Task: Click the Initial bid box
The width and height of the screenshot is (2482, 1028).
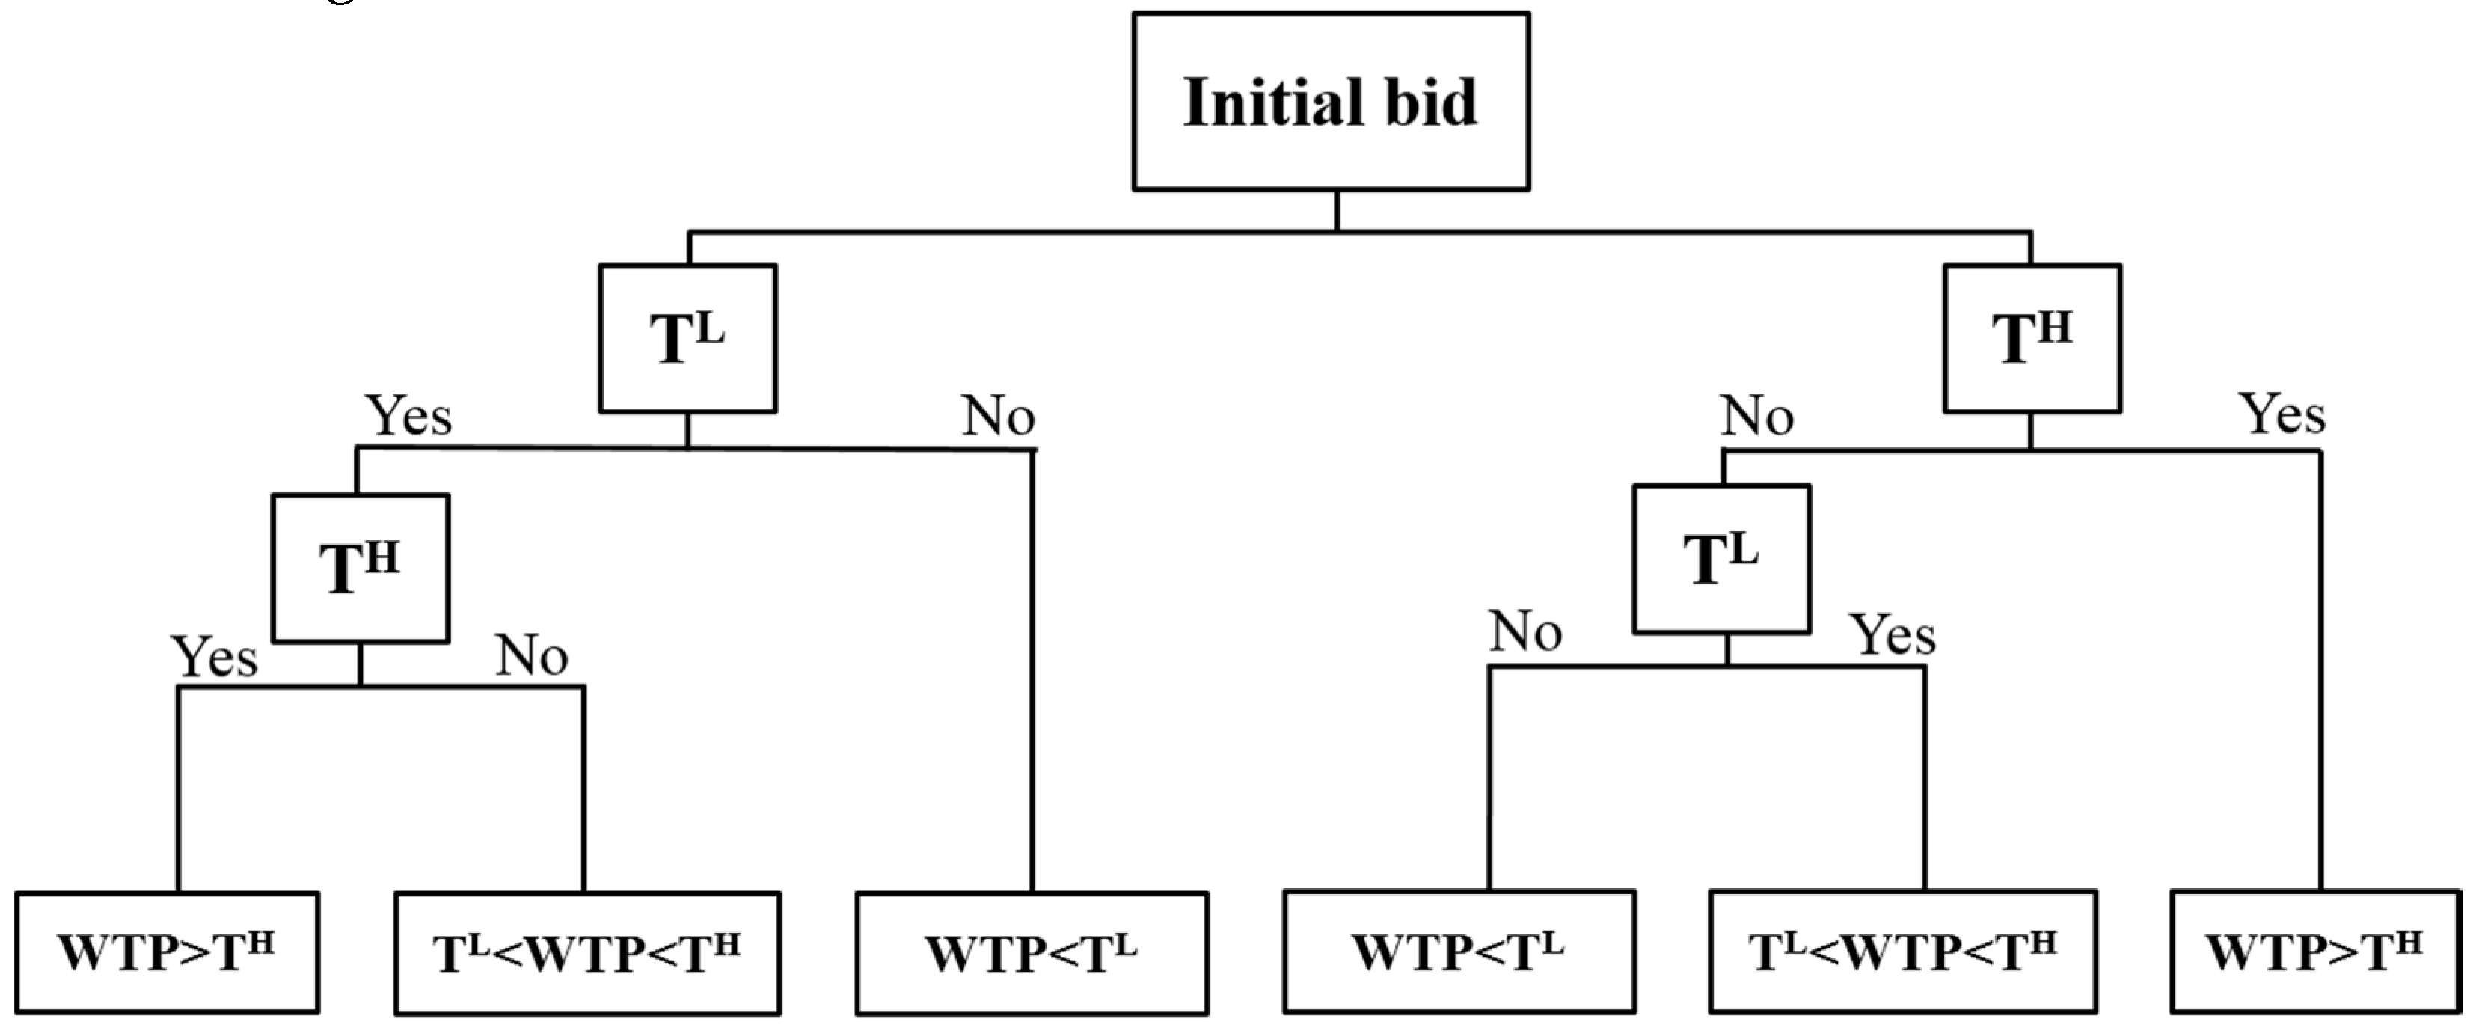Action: coord(1330,101)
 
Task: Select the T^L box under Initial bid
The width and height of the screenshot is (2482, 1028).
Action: coord(687,338)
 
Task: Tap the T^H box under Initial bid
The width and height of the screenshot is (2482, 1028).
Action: coord(2031,338)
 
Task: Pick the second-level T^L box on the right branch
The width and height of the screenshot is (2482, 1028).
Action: coord(1720,559)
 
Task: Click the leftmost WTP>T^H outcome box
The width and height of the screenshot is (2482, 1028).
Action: coord(167,952)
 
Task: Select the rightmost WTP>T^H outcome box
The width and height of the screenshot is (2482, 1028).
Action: coord(2314,952)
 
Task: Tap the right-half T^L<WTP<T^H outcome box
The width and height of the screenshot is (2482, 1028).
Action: coord(1902,952)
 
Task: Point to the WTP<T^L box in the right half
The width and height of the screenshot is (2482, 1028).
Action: coord(1458,952)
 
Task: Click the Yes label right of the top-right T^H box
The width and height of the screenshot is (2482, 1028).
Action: coord(2282,414)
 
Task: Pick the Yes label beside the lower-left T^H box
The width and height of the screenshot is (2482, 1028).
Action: coord(214,658)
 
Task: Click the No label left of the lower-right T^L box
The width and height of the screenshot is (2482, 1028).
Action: coord(1525,633)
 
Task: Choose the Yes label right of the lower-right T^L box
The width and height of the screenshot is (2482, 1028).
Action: coord(1893,636)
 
